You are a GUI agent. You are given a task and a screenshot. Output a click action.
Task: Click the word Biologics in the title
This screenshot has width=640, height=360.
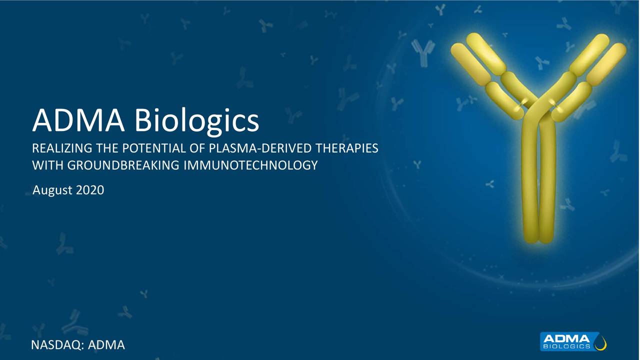(197, 121)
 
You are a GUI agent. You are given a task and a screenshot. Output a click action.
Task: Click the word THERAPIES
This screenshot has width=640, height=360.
(347, 148)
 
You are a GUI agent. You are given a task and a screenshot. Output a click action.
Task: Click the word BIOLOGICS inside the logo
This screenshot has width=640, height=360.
(567, 346)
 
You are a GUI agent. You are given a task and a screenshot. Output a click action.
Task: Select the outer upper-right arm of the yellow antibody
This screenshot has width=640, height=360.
(607, 62)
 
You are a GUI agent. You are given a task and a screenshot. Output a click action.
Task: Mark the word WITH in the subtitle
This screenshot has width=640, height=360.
(43, 165)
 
